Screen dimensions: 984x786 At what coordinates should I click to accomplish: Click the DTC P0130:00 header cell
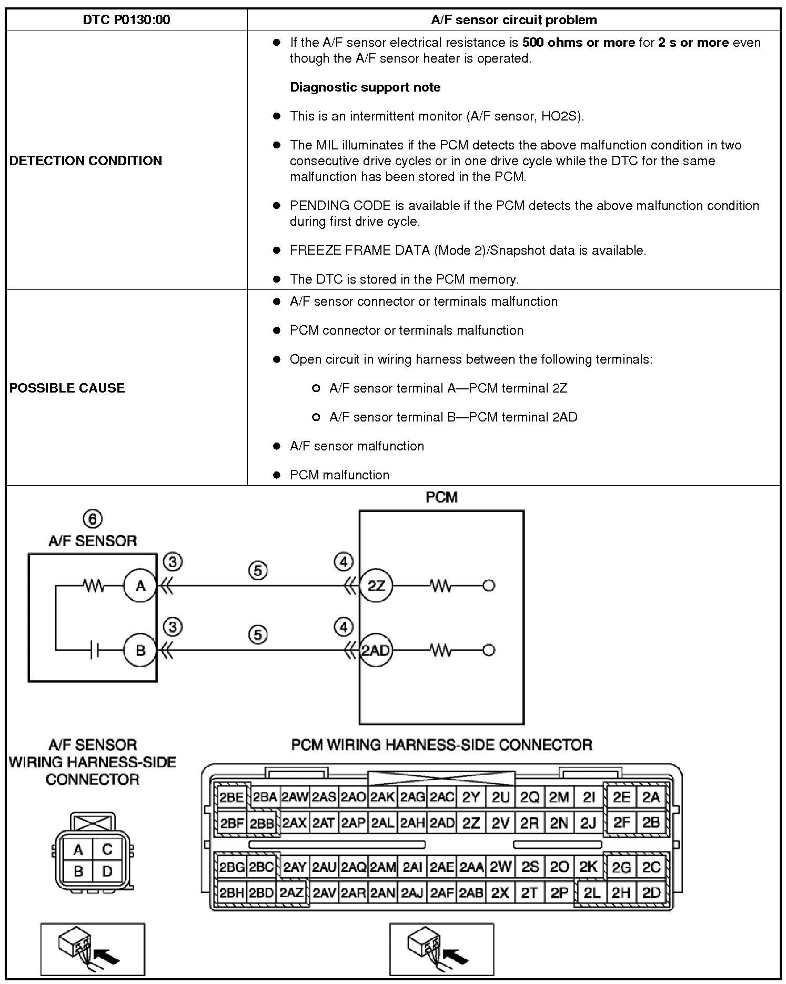[x=126, y=20]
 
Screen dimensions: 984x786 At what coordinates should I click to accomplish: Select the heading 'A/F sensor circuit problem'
[x=513, y=20]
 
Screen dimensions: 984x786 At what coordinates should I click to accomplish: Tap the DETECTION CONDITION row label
[x=86, y=160]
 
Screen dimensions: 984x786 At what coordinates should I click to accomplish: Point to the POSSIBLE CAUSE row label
[x=67, y=388]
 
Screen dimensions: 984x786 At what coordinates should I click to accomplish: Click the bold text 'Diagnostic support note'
[x=365, y=87]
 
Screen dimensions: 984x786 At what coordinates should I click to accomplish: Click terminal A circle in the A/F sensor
[x=140, y=586]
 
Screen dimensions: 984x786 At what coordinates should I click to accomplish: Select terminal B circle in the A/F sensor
[x=140, y=650]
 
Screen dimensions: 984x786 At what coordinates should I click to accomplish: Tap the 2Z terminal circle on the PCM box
[x=376, y=586]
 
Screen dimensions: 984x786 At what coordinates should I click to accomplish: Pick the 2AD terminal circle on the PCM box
[x=376, y=650]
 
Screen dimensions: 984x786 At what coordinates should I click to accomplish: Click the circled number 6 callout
[x=93, y=519]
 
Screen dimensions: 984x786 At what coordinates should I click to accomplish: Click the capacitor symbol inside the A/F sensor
[x=94, y=651]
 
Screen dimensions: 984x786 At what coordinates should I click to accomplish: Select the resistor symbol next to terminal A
[x=94, y=586]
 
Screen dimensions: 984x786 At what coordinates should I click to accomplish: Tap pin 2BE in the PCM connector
[x=231, y=797]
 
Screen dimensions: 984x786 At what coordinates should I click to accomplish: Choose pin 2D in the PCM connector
[x=651, y=892]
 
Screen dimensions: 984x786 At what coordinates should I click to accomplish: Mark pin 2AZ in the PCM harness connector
[x=291, y=892]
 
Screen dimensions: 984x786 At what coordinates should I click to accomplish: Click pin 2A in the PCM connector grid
[x=651, y=797]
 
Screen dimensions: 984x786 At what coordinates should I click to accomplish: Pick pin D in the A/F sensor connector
[x=107, y=872]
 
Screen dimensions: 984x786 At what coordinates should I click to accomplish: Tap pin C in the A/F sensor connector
[x=107, y=850]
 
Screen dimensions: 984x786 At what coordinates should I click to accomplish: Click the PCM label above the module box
[x=441, y=497]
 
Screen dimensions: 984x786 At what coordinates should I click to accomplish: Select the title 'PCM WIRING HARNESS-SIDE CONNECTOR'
[x=441, y=745]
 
